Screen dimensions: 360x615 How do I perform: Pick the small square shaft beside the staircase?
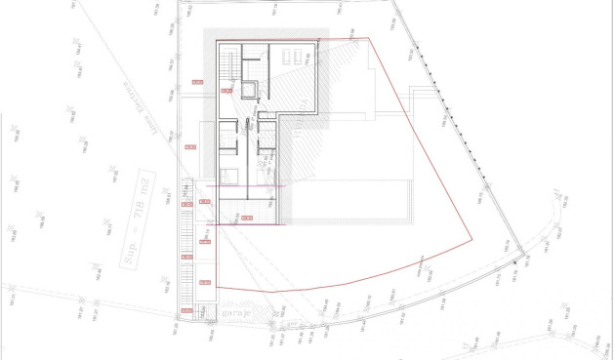(251, 91)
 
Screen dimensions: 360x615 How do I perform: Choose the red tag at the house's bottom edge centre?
(247, 217)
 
